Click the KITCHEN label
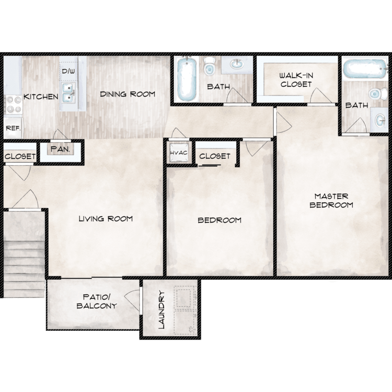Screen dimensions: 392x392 pyautogui.click(x=41, y=97)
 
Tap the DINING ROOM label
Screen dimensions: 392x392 pyautogui.click(x=128, y=94)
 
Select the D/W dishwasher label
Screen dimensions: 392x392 pyautogui.click(x=68, y=71)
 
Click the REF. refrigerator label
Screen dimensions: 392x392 pyautogui.click(x=13, y=128)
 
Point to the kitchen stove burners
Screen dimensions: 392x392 pyautogui.click(x=14, y=105)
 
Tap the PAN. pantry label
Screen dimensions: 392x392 pyautogui.click(x=60, y=149)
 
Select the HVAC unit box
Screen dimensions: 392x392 pyautogui.click(x=179, y=153)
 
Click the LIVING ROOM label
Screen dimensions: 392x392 pyautogui.click(x=106, y=219)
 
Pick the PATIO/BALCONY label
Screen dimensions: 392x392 pyautogui.click(x=97, y=301)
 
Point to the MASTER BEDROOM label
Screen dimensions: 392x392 pyautogui.click(x=331, y=201)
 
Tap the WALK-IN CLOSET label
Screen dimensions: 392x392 pyautogui.click(x=296, y=80)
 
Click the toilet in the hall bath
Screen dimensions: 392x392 pyautogui.click(x=209, y=66)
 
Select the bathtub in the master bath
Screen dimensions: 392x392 pyautogui.click(x=364, y=68)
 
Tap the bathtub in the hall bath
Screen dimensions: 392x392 pyautogui.click(x=186, y=79)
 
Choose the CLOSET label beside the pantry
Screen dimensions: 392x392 pyautogui.click(x=20, y=156)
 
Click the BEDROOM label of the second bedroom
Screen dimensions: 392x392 pyautogui.click(x=220, y=220)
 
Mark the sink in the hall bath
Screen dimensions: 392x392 pyautogui.click(x=237, y=64)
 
